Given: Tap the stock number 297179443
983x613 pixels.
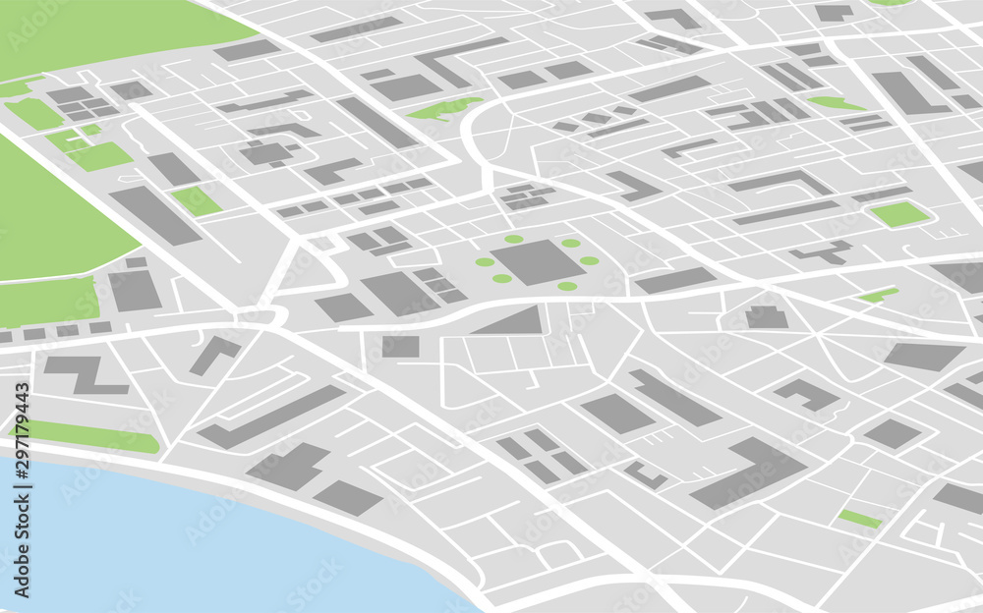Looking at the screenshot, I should (x=21, y=432).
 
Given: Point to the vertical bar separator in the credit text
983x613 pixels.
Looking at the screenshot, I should (x=21, y=500).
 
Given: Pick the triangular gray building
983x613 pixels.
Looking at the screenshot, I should (x=515, y=322).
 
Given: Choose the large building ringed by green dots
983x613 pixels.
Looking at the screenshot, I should (x=537, y=262).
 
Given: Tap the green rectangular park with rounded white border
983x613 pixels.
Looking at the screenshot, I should (x=899, y=214).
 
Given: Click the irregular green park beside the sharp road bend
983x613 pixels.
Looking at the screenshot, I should (x=444, y=108).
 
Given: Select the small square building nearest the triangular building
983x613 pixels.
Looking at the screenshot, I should (x=400, y=346).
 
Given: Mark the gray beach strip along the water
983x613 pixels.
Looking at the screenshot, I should (x=324, y=521).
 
